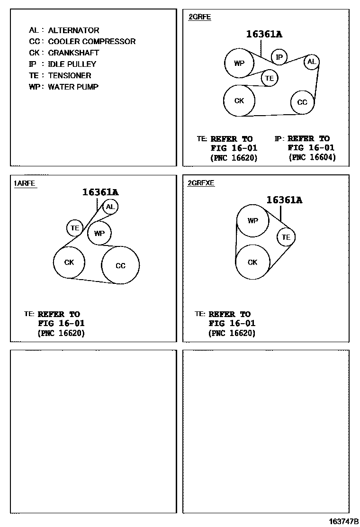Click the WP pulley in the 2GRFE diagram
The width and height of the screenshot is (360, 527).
pyautogui.click(x=239, y=63)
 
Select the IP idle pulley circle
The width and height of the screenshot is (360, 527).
pyautogui.click(x=279, y=57)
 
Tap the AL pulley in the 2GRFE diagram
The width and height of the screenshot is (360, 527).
pyautogui.click(x=311, y=62)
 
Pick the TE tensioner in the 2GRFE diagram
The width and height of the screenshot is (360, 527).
pyautogui.click(x=270, y=78)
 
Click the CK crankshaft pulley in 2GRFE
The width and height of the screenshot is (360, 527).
pyautogui.click(x=239, y=100)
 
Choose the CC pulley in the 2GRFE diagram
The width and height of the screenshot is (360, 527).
pyautogui.click(x=302, y=102)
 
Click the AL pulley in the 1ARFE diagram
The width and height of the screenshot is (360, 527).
pyautogui.click(x=110, y=207)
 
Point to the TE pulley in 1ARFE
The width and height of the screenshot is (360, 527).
pyautogui.click(x=75, y=228)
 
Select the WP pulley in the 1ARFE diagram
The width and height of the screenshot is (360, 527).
pyautogui.click(x=99, y=233)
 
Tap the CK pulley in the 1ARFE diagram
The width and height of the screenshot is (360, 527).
pyautogui.click(x=69, y=262)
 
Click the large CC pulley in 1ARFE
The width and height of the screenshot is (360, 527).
pyautogui.click(x=121, y=265)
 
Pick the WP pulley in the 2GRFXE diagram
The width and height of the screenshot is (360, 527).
pyautogui.click(x=253, y=221)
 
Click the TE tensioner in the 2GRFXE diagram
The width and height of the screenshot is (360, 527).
pyautogui.click(x=286, y=237)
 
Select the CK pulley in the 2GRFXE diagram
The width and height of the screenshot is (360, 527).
pyautogui.click(x=252, y=262)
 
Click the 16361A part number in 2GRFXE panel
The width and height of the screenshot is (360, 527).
pyautogui.click(x=284, y=200)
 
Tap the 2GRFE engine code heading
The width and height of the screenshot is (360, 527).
pyautogui.click(x=199, y=17)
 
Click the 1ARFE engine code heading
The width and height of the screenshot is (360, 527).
pyautogui.click(x=25, y=183)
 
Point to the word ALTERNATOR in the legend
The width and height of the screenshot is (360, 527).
pyautogui.click(x=73, y=30)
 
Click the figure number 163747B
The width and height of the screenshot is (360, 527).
pyautogui.click(x=344, y=521)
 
